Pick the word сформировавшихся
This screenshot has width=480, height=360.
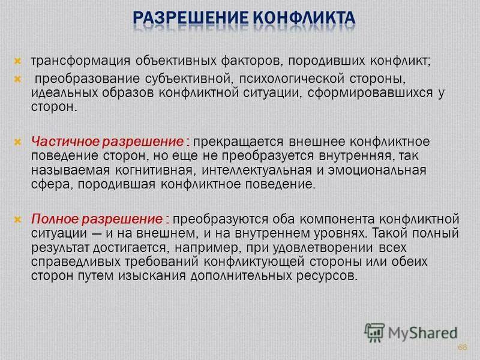373,93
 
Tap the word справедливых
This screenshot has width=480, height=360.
69,262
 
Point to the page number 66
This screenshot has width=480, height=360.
462,348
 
